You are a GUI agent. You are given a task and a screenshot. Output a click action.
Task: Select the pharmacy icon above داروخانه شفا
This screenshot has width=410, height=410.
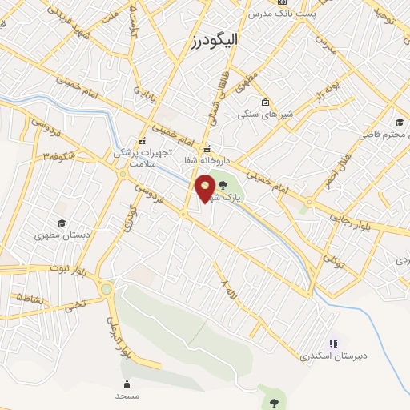(207, 148)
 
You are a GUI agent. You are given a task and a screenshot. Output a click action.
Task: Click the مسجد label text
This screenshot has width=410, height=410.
(127, 396)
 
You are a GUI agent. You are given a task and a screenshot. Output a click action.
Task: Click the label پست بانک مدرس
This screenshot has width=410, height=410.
(281, 14)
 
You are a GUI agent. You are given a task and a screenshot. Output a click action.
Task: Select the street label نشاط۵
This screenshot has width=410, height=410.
(30, 297)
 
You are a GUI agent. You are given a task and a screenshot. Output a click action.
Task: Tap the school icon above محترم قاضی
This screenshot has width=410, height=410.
(399, 122)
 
